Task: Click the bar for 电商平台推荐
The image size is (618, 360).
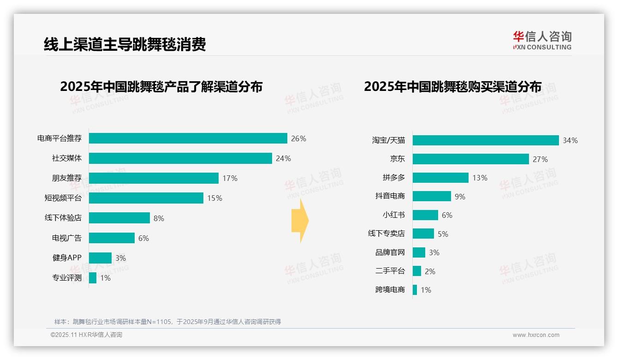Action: point(188,138)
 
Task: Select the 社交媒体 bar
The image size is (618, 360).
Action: point(180,158)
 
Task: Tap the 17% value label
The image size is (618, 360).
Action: point(230,178)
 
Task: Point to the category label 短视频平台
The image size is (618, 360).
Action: point(63,198)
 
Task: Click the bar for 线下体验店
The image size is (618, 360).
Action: point(119,218)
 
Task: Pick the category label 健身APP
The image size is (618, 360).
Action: point(67,258)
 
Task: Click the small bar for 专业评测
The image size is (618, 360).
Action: point(93,278)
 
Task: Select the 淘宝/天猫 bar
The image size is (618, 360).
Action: point(486,140)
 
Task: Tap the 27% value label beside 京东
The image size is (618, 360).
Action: point(540,159)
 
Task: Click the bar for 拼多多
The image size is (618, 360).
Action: point(440,178)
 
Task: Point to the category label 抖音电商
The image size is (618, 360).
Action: point(390,196)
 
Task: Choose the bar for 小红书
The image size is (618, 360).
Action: point(425,215)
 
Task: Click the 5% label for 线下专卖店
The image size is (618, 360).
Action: point(443,234)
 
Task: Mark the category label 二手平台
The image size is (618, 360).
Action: point(390,271)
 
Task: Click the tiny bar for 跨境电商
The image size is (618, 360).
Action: point(415,290)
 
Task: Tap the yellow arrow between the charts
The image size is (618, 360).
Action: point(300,221)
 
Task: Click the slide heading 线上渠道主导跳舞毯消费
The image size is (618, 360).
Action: point(125,44)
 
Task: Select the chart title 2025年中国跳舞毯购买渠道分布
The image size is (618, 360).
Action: point(452,87)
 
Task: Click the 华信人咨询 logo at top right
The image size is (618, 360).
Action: point(542,41)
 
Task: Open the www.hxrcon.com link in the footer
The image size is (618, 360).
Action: point(535,335)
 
